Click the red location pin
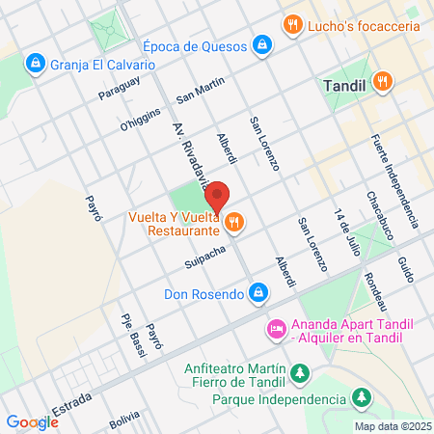(218, 196)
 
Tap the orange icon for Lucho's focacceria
(289, 24)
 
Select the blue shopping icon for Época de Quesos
(261, 44)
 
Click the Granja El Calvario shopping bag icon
(36, 64)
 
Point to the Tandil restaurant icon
(383, 82)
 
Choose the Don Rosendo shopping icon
(258, 291)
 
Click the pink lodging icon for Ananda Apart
(276, 329)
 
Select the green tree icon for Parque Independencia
(361, 397)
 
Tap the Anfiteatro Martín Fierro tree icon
(300, 372)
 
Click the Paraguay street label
(120, 88)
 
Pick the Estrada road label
(72, 403)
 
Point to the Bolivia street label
(124, 420)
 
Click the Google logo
(32, 421)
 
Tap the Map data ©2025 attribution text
(391, 426)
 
